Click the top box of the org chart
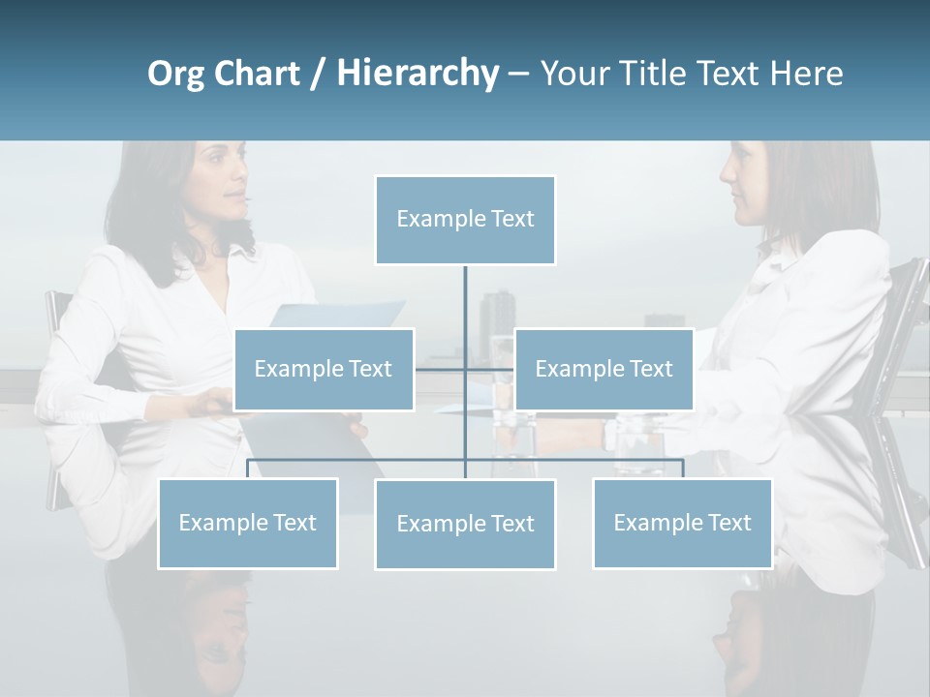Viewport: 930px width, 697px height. [x=465, y=220]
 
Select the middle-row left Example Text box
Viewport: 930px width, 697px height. [x=324, y=369]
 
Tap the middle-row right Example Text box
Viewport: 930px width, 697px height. [x=604, y=369]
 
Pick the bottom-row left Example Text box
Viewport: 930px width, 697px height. [x=248, y=523]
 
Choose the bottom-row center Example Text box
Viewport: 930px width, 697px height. [x=465, y=524]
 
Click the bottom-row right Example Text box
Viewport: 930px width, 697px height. [x=682, y=523]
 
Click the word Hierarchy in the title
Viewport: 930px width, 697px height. [x=417, y=73]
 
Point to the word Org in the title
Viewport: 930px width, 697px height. [x=175, y=74]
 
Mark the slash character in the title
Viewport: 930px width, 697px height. [x=318, y=74]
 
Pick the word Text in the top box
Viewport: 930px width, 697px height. [x=511, y=219]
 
